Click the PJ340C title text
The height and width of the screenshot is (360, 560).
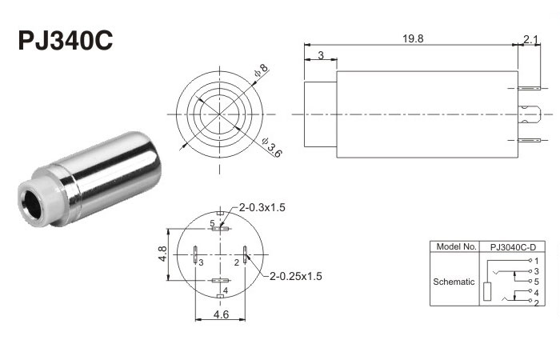tap(66, 40)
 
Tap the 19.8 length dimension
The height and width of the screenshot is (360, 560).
tap(413, 38)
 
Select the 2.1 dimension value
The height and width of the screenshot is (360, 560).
tap(530, 39)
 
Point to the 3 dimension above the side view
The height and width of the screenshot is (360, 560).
tap(321, 55)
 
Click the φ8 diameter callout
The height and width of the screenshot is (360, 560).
tap(261, 70)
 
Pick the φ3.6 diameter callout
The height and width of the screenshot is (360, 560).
tap(271, 147)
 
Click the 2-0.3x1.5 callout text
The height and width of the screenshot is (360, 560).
tap(262, 207)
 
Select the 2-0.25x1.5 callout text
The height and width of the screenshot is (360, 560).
tap(296, 276)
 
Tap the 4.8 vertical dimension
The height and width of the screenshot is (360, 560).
tap(162, 254)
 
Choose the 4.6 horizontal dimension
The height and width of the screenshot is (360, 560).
tap(221, 314)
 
